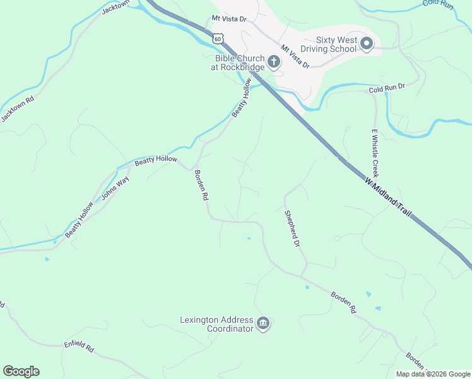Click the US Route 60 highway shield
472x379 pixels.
pos(218,38)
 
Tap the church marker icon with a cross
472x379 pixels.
pos(274,61)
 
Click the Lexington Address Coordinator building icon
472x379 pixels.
pos(263,325)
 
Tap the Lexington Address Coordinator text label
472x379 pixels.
pos(216,325)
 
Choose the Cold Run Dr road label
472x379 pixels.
pos(387,87)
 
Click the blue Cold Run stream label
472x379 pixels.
pos(438,4)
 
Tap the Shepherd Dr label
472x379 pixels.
pos(291,229)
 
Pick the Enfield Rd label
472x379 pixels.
pos(78,347)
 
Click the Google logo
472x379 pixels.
pos(21,371)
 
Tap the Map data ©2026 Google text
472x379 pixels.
pos(434,374)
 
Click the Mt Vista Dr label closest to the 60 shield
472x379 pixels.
pos(229,20)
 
